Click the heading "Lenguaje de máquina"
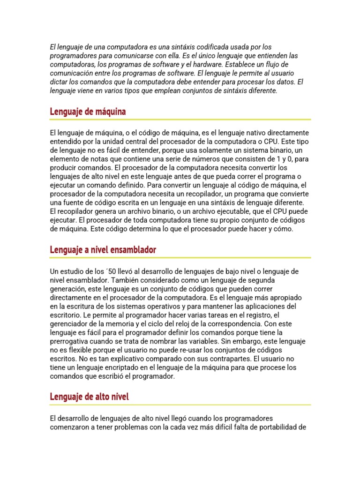(88, 112)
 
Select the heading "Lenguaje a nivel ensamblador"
(103, 250)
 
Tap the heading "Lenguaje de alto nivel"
(89, 397)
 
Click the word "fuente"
(72, 202)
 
